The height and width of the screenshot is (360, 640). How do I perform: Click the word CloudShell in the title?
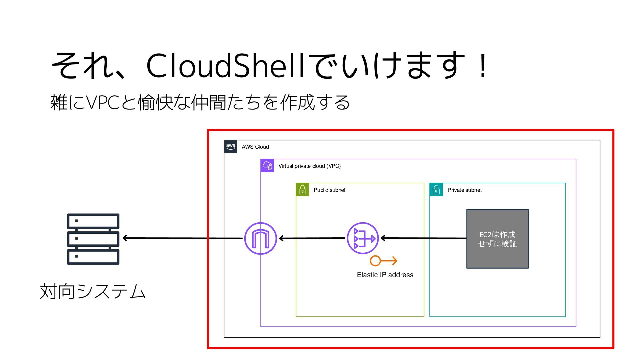[225, 65]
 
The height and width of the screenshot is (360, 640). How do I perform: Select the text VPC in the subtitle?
[103, 102]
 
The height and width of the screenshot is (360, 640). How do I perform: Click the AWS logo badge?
[231, 147]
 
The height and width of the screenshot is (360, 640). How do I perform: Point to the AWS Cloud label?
[255, 147]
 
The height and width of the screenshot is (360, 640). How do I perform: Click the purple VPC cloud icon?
[267, 166]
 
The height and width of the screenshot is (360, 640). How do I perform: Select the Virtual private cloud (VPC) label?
[309, 166]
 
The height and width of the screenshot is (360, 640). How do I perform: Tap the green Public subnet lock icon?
[302, 190]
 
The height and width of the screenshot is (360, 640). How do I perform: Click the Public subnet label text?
[329, 190]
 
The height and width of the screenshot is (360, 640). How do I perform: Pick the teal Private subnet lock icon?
[436, 190]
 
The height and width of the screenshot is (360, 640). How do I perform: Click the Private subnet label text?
[464, 190]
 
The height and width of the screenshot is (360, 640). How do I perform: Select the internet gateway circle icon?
[260, 238]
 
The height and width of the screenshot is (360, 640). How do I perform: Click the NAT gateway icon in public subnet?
[363, 238]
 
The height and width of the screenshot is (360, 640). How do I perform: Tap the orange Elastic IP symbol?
[383, 261]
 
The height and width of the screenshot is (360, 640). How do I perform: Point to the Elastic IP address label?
[385, 275]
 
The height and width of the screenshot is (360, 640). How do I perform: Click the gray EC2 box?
[497, 239]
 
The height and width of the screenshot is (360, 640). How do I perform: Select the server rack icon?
[93, 239]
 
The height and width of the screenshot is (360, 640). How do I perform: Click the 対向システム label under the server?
[93, 291]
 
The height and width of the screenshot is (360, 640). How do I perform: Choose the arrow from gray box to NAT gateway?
[423, 238]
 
